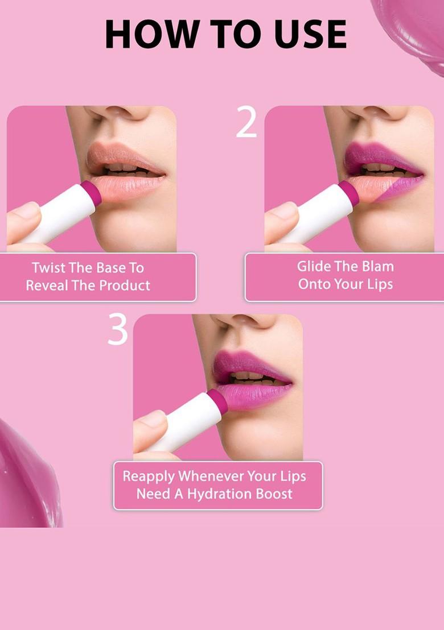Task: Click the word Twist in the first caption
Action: (49, 268)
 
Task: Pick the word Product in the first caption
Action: (121, 285)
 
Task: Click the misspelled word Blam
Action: (377, 266)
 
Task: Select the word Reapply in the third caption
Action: (146, 476)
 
